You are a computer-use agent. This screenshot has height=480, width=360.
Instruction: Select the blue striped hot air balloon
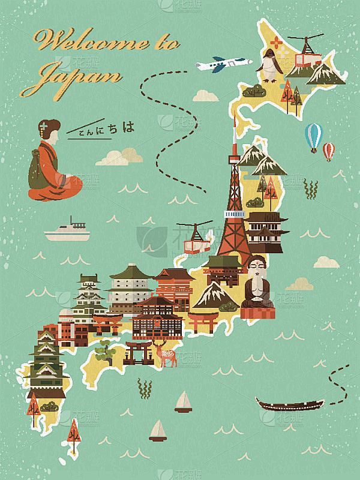(313, 136)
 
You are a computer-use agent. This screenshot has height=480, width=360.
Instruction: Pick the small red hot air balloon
(329, 151)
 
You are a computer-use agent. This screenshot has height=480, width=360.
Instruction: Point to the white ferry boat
(67, 231)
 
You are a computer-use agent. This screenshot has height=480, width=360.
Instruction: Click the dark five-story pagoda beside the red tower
(264, 230)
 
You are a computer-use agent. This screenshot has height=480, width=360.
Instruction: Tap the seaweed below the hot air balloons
(310, 188)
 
